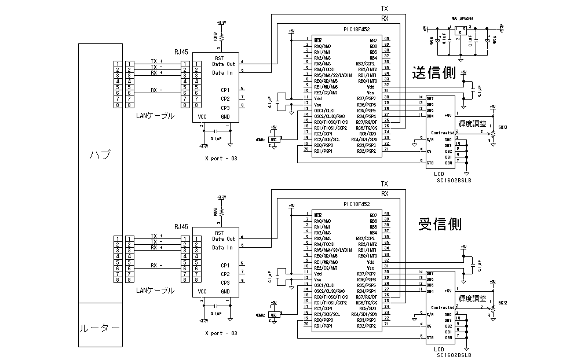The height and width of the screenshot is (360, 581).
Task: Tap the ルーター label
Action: [100, 329]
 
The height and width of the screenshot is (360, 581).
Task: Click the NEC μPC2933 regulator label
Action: [461, 18]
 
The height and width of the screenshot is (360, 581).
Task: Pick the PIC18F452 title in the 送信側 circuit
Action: [356, 29]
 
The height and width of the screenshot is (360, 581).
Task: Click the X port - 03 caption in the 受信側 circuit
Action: [221, 333]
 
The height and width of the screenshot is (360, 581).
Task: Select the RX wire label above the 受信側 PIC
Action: [384, 194]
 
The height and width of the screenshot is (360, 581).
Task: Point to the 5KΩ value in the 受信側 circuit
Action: [502, 302]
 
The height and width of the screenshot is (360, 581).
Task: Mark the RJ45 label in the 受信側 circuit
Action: [181, 227]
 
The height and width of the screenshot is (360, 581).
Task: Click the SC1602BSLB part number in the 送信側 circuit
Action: [454, 180]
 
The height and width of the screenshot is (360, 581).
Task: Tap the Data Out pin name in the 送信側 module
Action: [224, 64]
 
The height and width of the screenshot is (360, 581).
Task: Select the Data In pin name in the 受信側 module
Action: [222, 248]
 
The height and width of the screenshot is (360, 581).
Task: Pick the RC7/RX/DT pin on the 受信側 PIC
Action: [367, 297]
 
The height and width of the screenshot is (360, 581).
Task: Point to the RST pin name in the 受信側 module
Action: [219, 233]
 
